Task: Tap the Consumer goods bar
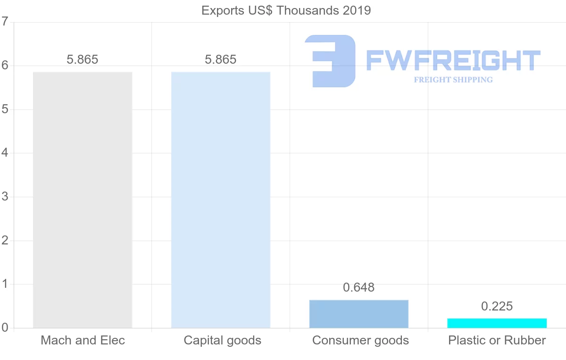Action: click(359, 314)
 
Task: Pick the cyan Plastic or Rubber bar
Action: click(497, 323)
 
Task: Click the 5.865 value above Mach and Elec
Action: click(83, 60)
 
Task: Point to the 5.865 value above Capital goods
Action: click(221, 60)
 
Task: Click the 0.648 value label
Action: click(359, 288)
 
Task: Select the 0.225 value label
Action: click(497, 307)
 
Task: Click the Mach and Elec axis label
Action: click(83, 340)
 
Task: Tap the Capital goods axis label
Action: click(223, 340)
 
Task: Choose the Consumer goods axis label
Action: click(360, 340)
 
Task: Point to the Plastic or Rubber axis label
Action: click(497, 340)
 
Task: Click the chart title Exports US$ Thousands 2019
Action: click(286, 10)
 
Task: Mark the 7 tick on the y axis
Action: click(5, 22)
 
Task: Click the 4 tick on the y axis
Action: click(5, 153)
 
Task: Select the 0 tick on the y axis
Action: click(5, 328)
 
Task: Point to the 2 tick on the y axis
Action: click(5, 241)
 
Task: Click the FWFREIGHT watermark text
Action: click(453, 60)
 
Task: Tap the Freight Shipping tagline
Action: click(453, 80)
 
